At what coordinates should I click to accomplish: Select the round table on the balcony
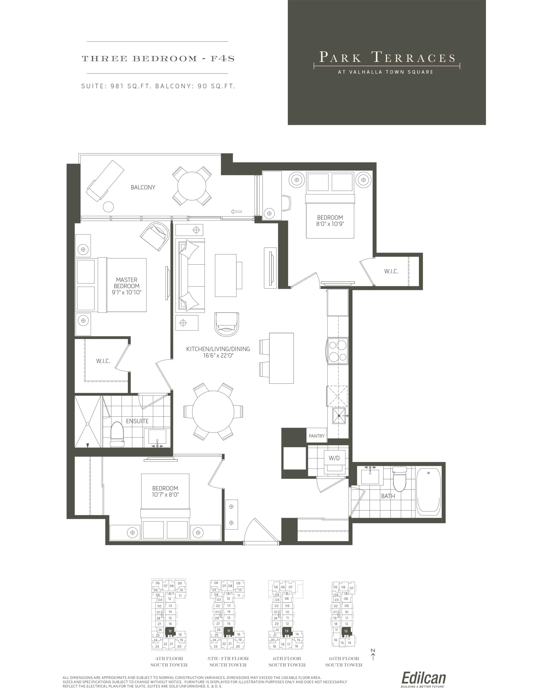click(x=192, y=186)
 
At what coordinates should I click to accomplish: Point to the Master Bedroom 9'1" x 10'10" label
click(x=127, y=286)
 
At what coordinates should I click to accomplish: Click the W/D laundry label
click(x=334, y=458)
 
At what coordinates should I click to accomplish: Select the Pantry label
click(x=317, y=436)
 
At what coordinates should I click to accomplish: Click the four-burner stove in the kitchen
click(x=338, y=351)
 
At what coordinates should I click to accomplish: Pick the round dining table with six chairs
click(x=213, y=412)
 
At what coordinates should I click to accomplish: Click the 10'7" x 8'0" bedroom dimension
click(x=165, y=495)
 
